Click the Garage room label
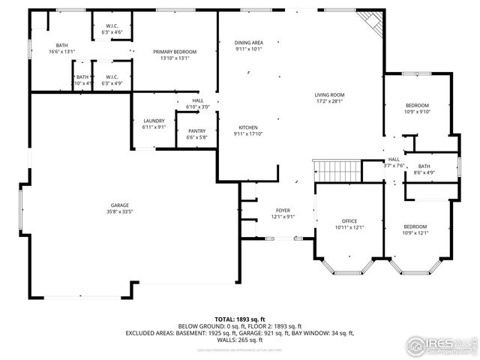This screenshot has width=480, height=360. pyautogui.click(x=120, y=205)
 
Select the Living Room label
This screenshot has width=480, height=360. pyautogui.click(x=328, y=94)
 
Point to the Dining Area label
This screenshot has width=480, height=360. pyautogui.click(x=248, y=43)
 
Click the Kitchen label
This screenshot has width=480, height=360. pyautogui.click(x=248, y=127)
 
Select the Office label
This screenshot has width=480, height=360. pyautogui.click(x=349, y=221)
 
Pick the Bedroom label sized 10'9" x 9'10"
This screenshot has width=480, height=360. pyautogui.click(x=417, y=105)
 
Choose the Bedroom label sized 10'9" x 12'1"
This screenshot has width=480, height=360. pyautogui.click(x=415, y=226)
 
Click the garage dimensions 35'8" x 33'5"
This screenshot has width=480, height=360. pyautogui.click(x=120, y=212)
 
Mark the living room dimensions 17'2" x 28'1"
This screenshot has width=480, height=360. pyautogui.click(x=328, y=101)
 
